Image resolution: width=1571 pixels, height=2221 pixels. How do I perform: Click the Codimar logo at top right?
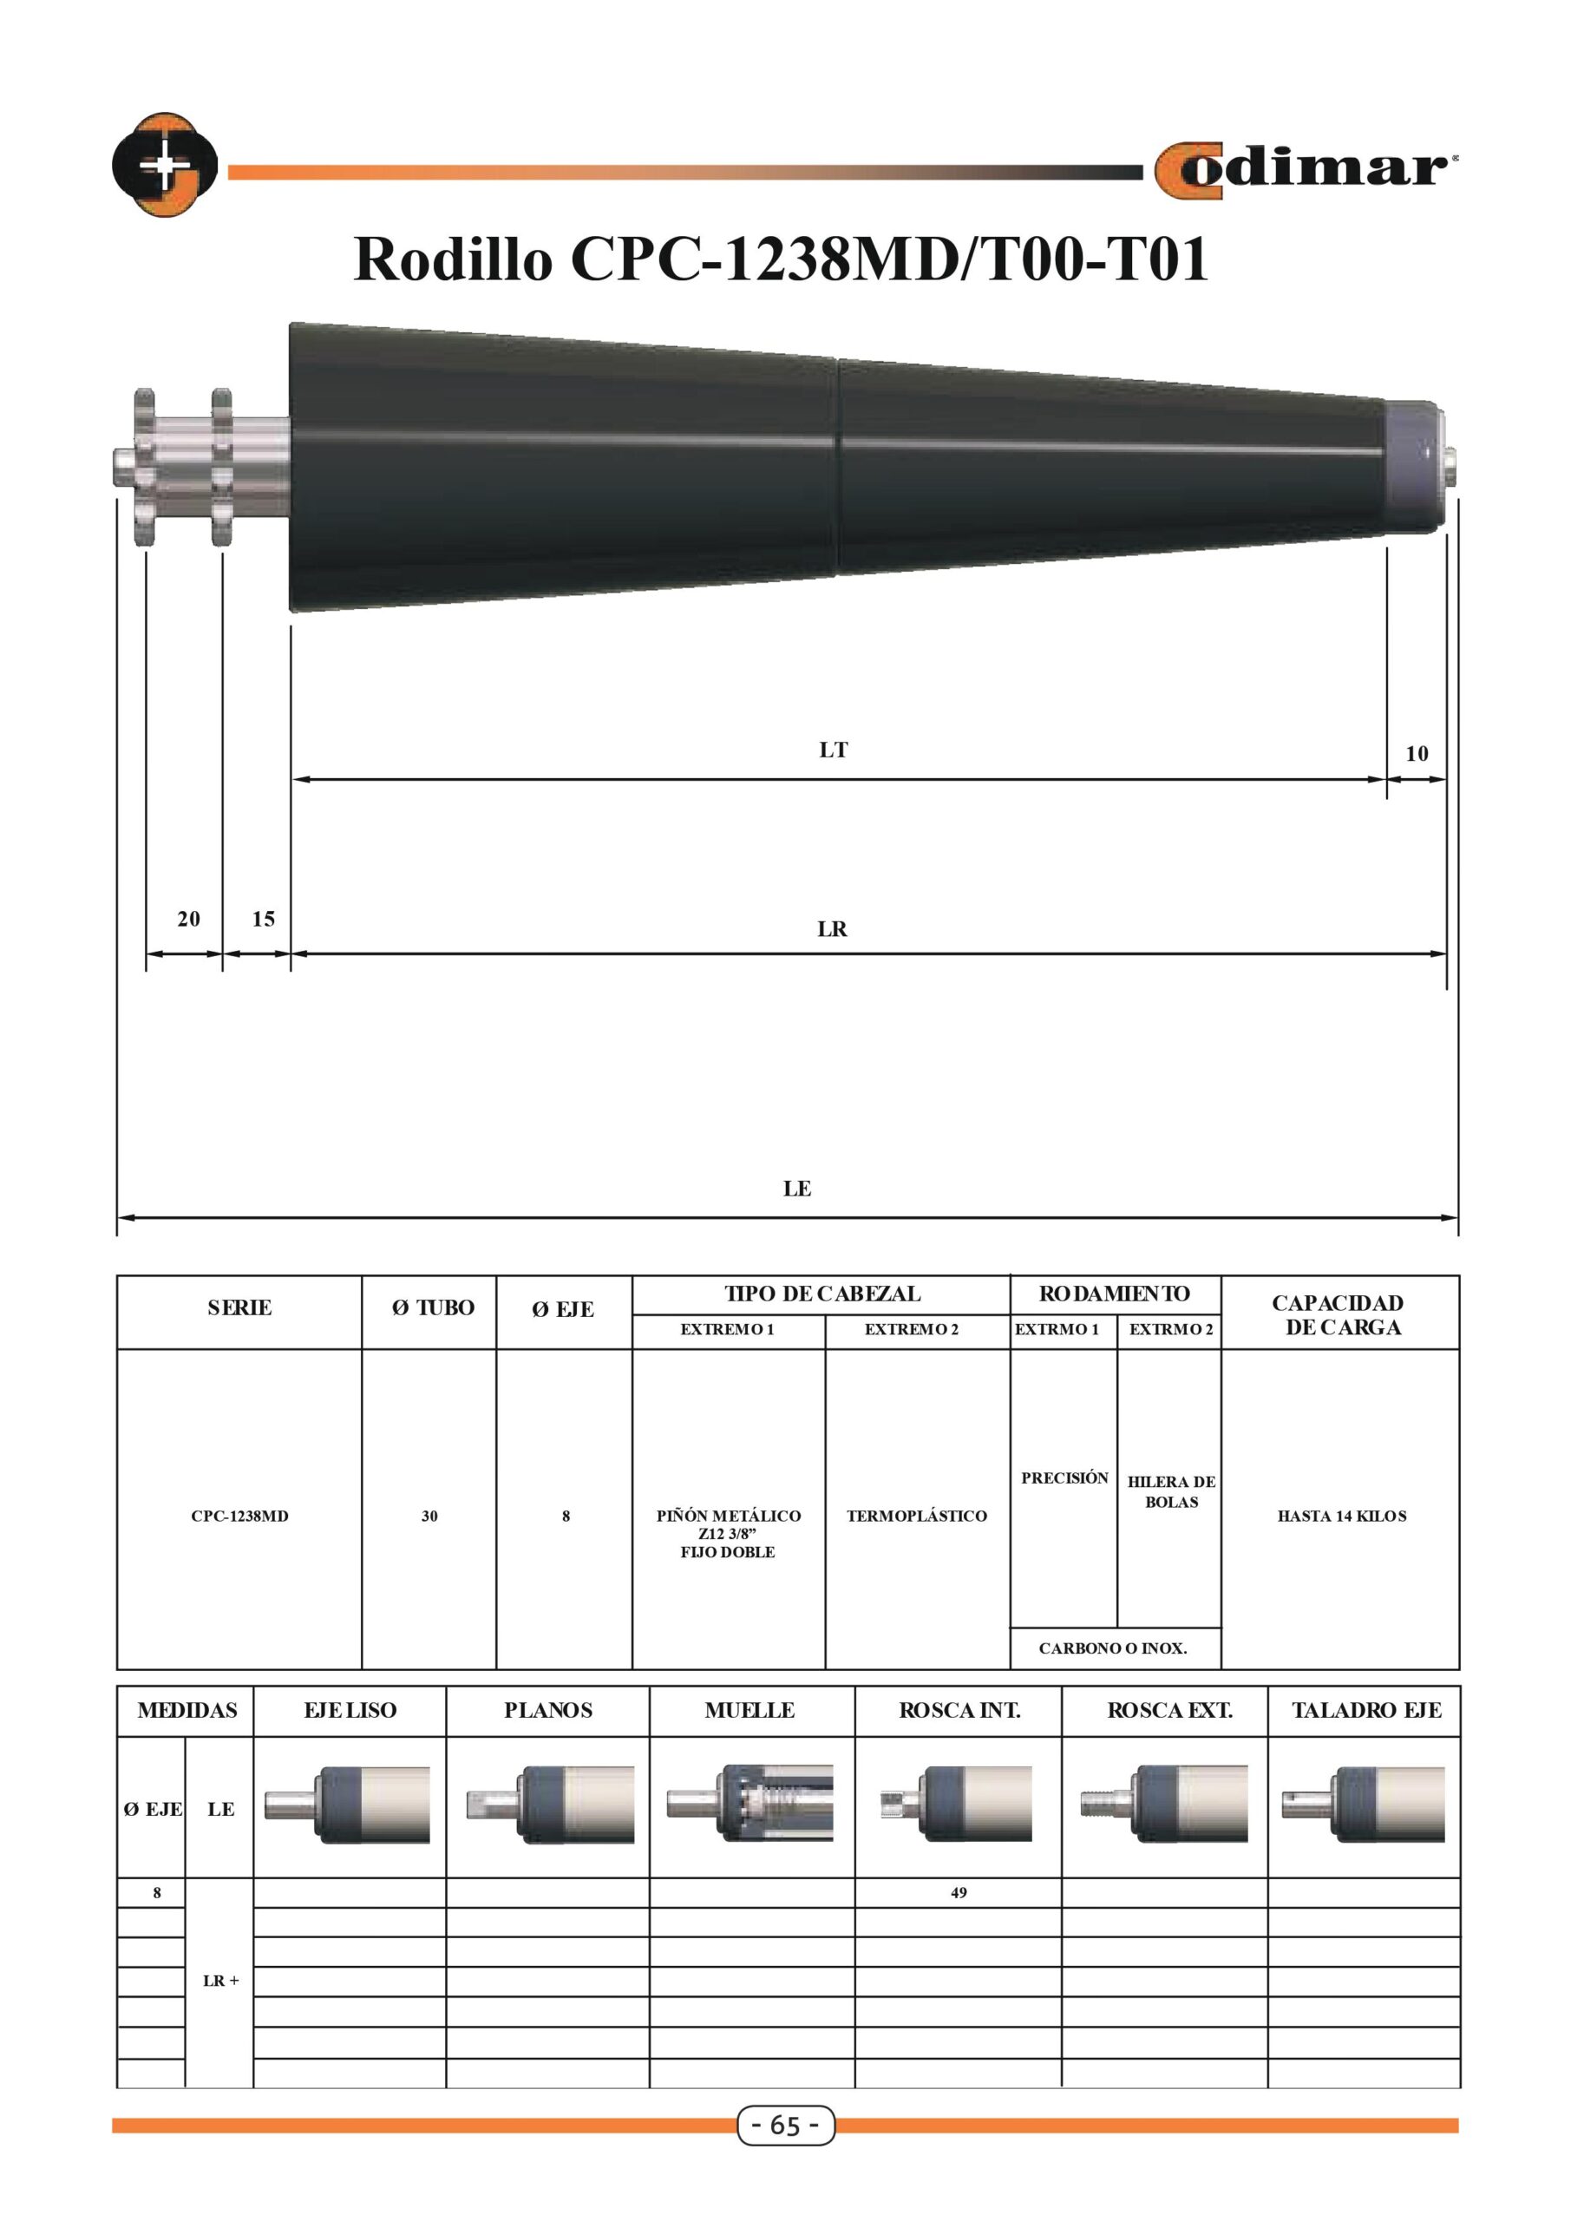tap(1306, 170)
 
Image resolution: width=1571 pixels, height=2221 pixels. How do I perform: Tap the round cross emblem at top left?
tap(166, 165)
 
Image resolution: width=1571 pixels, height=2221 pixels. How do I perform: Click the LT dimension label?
tap(833, 750)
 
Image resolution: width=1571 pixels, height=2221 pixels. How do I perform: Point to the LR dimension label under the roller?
tap(832, 928)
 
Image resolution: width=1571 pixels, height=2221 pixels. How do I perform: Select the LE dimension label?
tap(797, 1188)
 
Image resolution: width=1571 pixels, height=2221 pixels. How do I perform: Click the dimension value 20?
tap(188, 918)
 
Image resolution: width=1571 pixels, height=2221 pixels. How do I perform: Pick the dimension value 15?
tap(263, 918)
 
